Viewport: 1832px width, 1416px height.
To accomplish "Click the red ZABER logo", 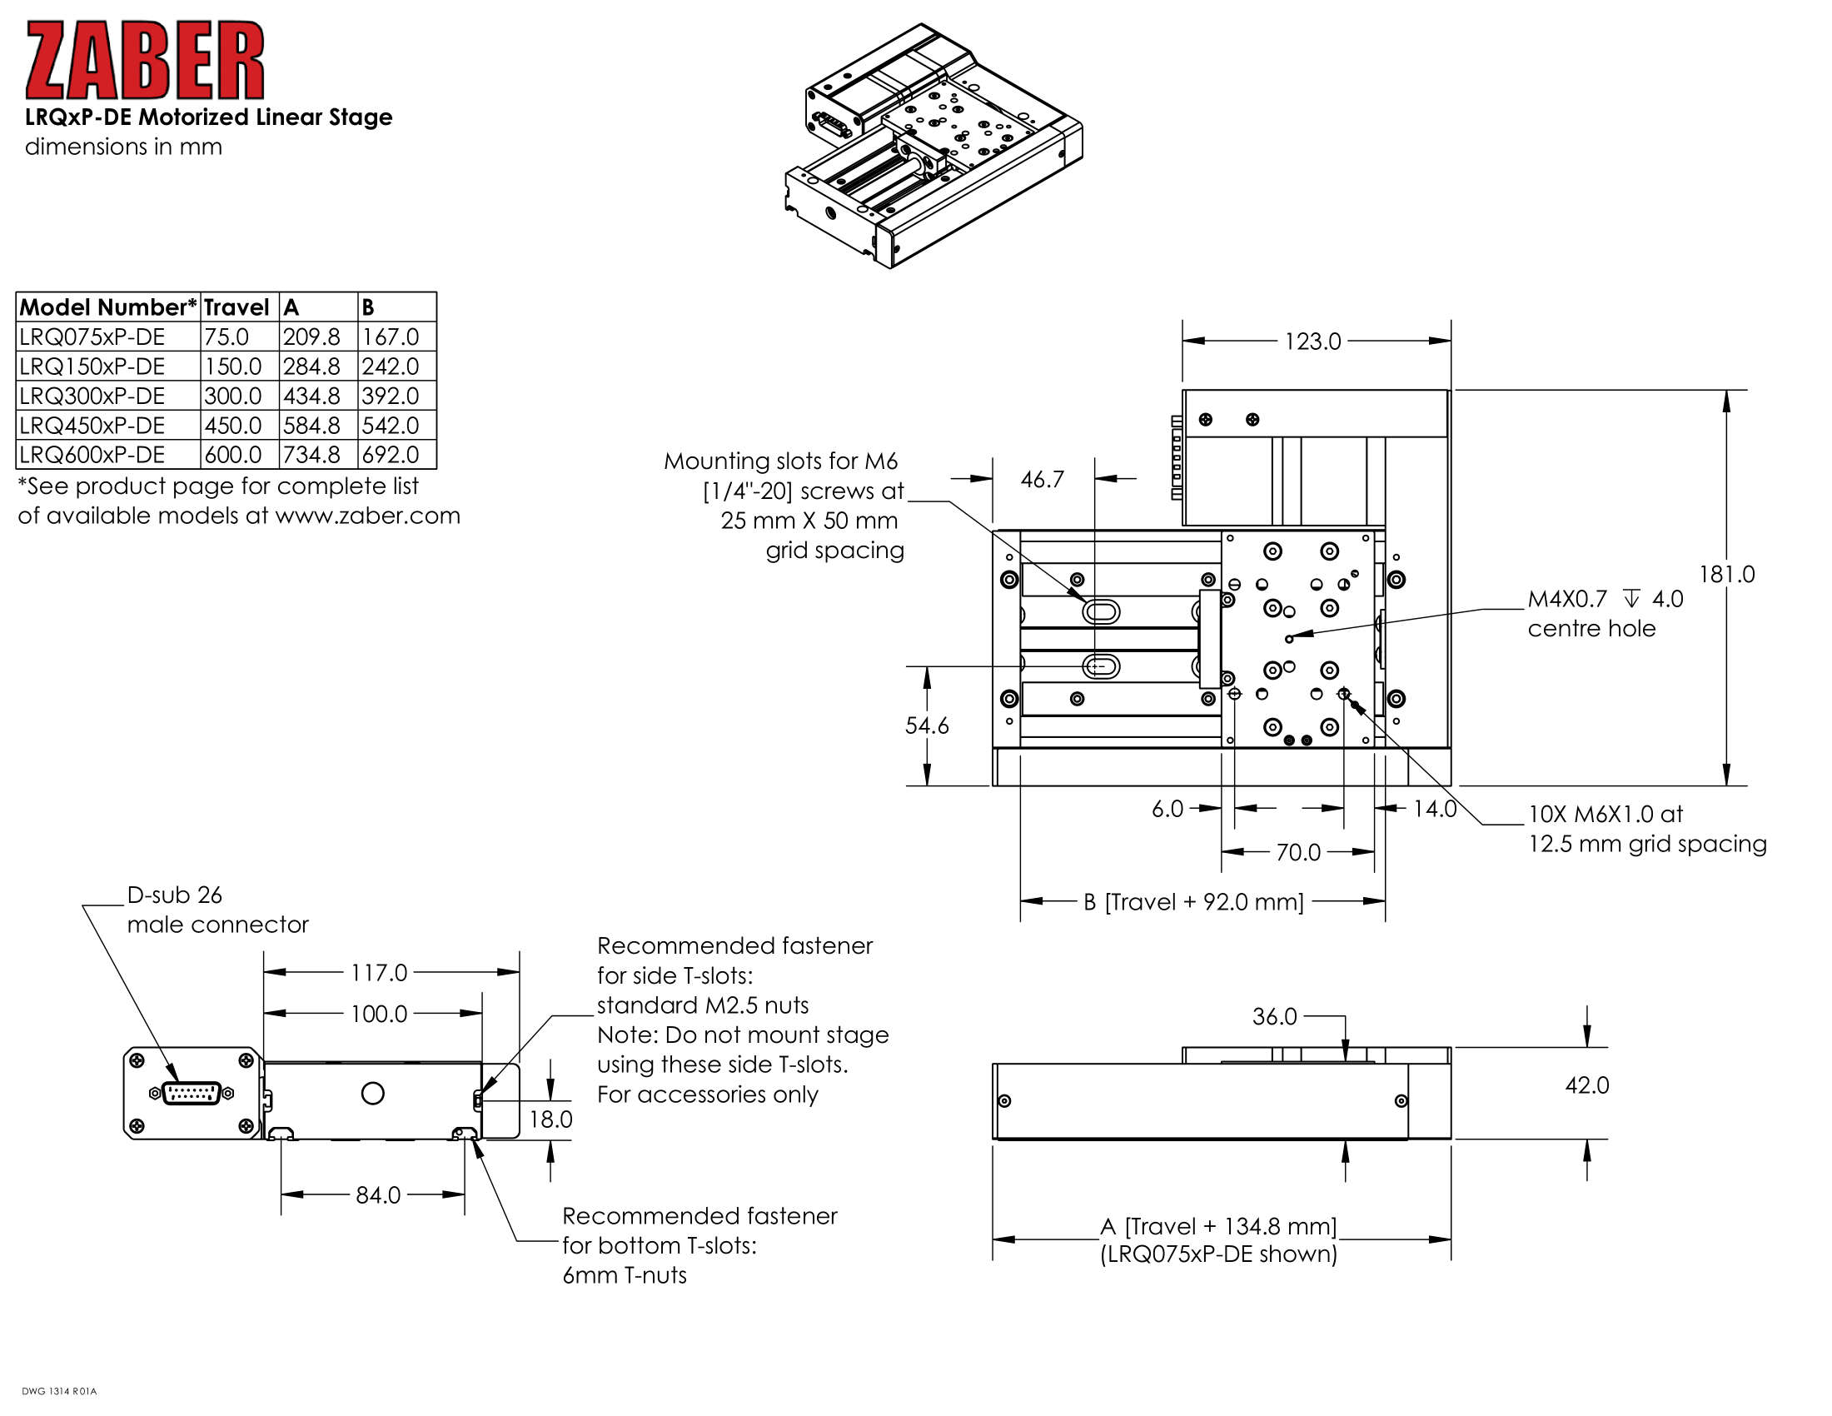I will pos(145,61).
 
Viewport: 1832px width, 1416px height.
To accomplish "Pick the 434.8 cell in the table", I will pos(311,396).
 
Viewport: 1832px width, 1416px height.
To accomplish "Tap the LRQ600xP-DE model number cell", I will pos(92,455).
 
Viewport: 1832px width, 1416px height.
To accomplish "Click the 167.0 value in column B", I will pos(390,337).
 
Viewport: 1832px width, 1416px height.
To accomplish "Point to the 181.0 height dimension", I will pos(1726,575).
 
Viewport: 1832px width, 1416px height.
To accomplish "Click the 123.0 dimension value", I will pos(1312,342).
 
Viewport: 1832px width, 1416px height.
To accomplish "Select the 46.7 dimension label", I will pos(1042,480).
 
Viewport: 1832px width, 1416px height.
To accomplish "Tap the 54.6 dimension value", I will pos(927,725).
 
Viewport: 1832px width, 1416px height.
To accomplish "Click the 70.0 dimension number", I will pos(1297,853).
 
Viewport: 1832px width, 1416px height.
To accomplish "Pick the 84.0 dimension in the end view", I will pos(378,1195).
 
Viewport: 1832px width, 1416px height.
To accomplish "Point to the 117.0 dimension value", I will pos(379,973).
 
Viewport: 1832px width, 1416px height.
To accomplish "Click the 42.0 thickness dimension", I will pos(1587,1085).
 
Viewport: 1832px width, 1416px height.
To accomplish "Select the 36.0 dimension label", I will pos(1274,1017).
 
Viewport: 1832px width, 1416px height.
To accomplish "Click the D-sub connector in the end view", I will pos(192,1093).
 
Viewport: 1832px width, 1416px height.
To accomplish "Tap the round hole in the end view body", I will pos(372,1093).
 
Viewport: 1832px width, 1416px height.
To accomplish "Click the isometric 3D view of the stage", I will pos(933,147).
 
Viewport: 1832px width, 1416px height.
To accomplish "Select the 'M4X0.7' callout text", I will pos(1567,599).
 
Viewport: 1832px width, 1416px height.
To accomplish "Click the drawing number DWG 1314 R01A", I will pos(60,1391).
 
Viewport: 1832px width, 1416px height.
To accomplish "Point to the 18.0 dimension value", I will pos(551,1119).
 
